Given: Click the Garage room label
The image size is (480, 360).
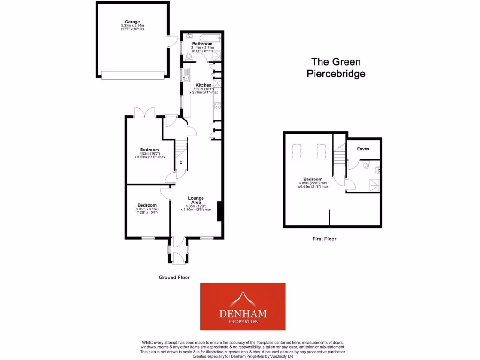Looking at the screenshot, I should [x=133, y=22].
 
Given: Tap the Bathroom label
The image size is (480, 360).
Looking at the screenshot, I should [x=202, y=44].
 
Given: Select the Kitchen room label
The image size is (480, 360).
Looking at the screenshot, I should [x=203, y=85].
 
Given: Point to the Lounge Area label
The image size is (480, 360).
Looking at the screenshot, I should [x=196, y=200].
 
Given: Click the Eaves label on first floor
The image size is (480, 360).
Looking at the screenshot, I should [x=363, y=149].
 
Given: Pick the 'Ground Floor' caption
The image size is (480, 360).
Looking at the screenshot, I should [x=174, y=277].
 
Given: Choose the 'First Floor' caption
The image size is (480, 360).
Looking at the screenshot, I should [x=324, y=239].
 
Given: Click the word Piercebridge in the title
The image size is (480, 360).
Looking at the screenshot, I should [x=336, y=74].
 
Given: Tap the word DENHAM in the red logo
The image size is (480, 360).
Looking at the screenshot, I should [x=243, y=313].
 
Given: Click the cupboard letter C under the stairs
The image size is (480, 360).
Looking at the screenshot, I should [x=181, y=163].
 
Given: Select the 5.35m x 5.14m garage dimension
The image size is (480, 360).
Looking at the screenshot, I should [x=133, y=26].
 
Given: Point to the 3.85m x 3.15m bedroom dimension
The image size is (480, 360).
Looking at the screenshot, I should [x=147, y=209].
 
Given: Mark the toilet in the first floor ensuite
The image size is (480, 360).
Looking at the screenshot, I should [x=367, y=165].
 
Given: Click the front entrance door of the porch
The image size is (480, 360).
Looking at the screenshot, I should [x=178, y=257].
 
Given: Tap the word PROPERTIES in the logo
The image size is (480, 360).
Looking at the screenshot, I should [x=243, y=322].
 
